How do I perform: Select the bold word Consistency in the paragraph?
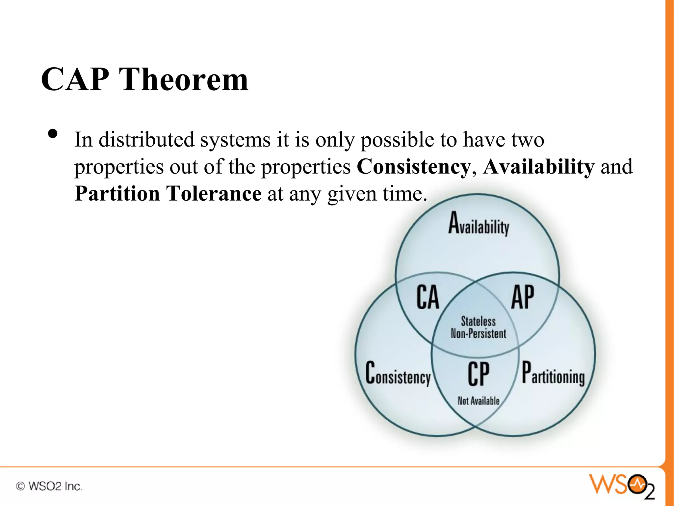coord(414,167)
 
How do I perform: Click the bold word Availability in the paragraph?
coord(539,167)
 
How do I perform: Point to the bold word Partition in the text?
coord(117,193)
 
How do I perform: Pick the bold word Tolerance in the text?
coord(214,193)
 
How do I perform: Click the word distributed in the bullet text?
coord(146,140)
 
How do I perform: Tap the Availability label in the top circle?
coord(479,224)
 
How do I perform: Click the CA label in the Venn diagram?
coord(428,297)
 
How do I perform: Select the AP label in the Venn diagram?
coord(523,297)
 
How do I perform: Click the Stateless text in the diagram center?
coord(478,321)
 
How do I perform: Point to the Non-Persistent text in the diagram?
coord(478,334)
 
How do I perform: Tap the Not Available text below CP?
coord(479,401)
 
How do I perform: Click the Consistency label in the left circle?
coord(398,374)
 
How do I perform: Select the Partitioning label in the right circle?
coord(553,374)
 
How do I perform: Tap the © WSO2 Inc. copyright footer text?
coord(49,486)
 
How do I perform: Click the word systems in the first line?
coord(235,140)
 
